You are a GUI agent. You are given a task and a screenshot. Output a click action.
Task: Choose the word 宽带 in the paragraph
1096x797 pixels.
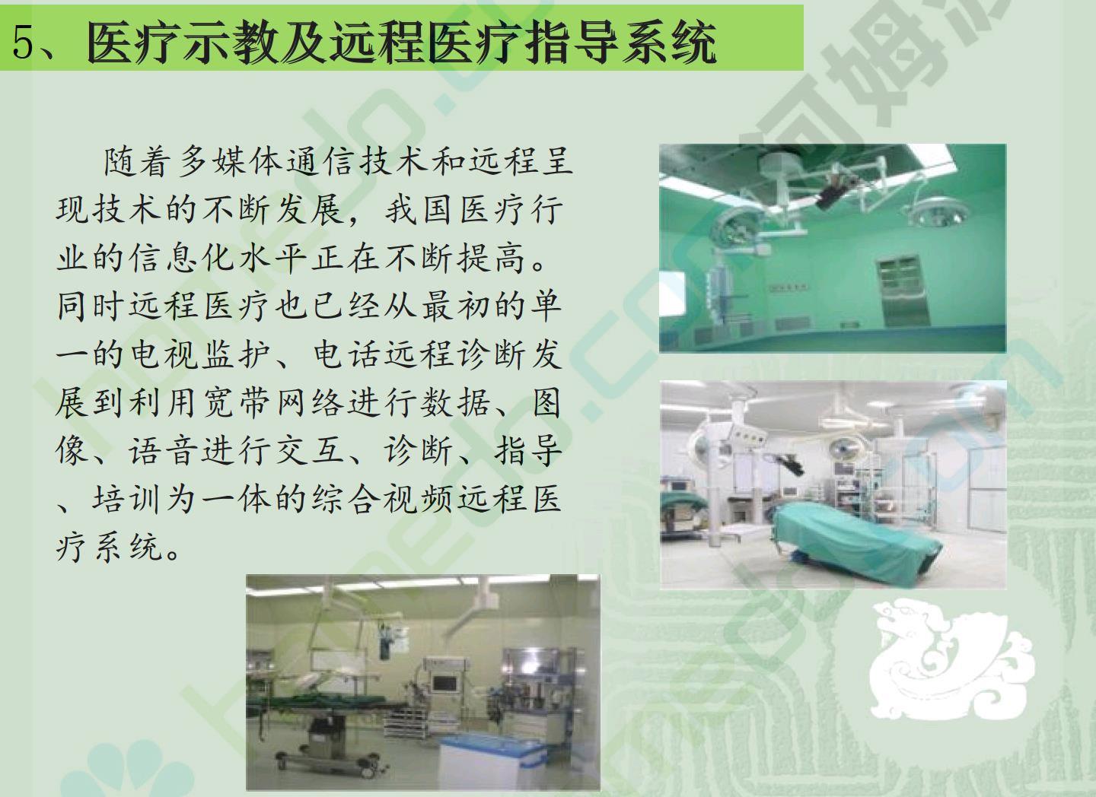point(236,402)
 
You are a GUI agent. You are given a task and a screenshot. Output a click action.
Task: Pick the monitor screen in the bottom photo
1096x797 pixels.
point(444,684)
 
